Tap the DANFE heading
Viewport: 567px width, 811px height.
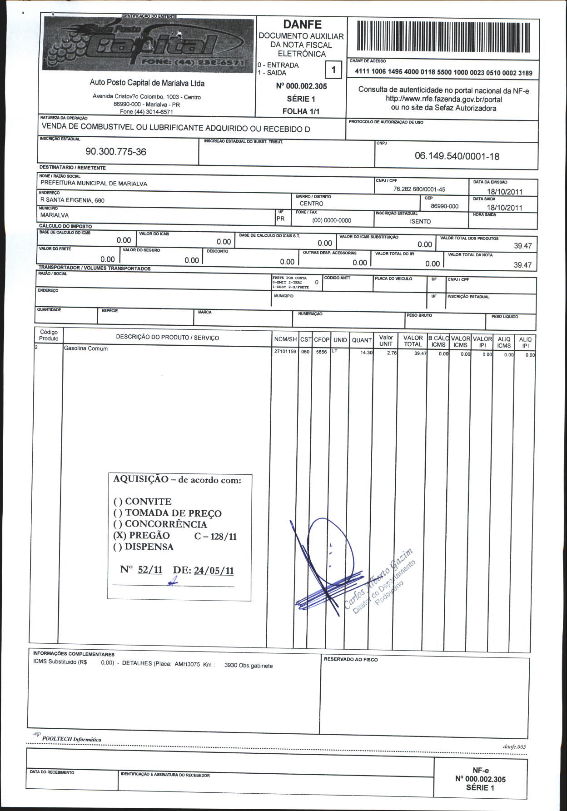point(302,25)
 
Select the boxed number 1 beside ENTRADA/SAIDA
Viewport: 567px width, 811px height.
point(333,70)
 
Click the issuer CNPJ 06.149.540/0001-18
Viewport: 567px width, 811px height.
point(457,156)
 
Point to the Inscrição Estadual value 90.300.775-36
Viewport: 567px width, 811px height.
point(116,152)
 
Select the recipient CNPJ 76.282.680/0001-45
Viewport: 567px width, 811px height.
point(419,189)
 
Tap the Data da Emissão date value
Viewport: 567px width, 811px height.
point(504,192)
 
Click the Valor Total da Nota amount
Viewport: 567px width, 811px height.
point(522,265)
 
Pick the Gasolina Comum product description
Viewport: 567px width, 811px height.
point(86,348)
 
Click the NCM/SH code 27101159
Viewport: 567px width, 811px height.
point(285,352)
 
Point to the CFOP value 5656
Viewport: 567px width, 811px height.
point(321,352)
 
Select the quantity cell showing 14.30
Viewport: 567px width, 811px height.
point(366,353)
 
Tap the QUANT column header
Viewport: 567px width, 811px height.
point(362,340)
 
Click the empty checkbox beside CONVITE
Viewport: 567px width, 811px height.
point(118,502)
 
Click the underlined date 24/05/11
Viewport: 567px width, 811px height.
point(214,571)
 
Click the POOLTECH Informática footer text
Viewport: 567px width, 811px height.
point(71,739)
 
